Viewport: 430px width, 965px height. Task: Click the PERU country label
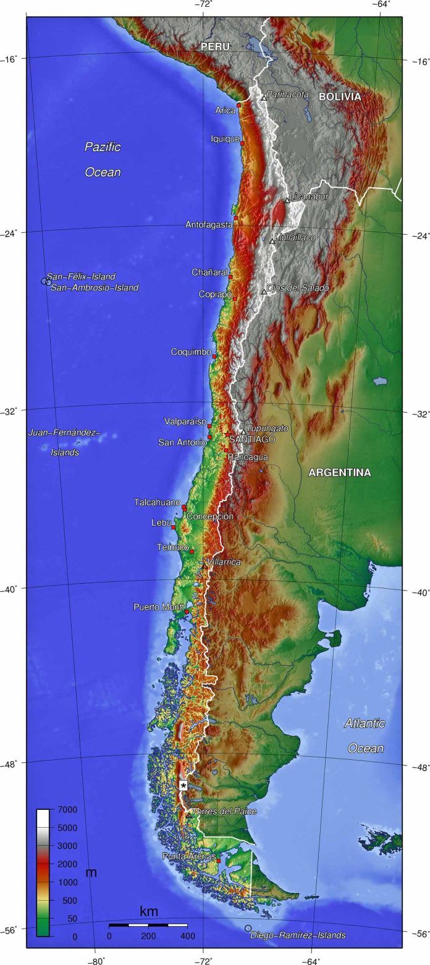point(214,46)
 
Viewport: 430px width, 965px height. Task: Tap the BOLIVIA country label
point(340,97)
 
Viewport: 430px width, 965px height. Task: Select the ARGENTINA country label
point(340,473)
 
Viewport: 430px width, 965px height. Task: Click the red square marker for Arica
point(238,106)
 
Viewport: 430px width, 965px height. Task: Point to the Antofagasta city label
point(209,225)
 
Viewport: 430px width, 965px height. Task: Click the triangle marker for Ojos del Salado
point(264,292)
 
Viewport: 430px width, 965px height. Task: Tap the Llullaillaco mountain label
point(295,237)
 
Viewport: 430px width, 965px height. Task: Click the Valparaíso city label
point(185,421)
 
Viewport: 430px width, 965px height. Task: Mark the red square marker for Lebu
point(174,527)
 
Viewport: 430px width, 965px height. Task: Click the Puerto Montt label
point(159,607)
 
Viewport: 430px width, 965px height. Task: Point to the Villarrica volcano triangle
point(204,565)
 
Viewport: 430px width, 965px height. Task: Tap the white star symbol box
point(183,785)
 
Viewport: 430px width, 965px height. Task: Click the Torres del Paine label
point(224,811)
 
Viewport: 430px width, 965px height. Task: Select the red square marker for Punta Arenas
point(219,860)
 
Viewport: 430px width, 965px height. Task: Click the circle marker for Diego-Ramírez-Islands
point(248,928)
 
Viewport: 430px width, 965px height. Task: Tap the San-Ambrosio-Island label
point(95,287)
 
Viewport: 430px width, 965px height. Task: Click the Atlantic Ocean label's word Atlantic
point(365,723)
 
